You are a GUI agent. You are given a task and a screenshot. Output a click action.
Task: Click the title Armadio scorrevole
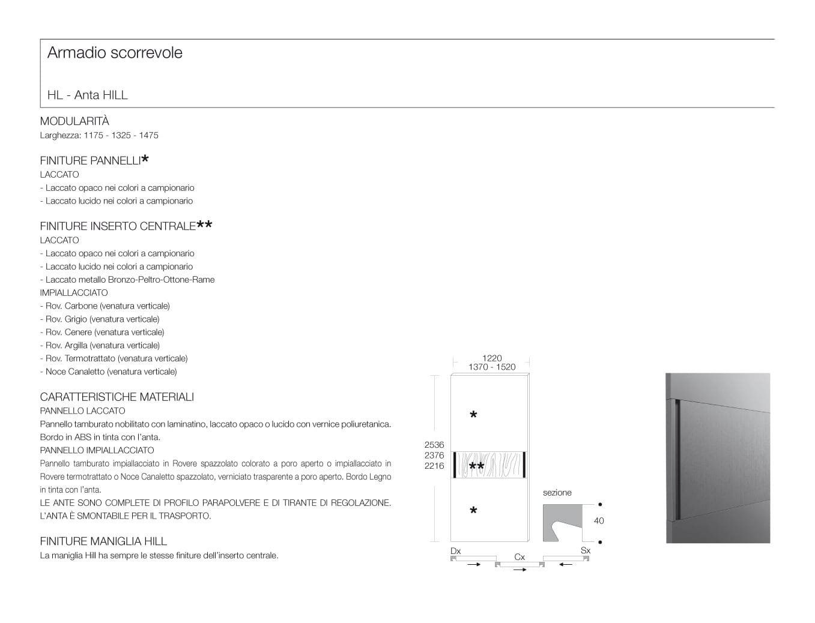pos(115,53)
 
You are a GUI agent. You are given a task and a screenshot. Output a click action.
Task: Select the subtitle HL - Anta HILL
pos(88,95)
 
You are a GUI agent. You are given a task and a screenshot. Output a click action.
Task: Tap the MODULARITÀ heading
pos(74,121)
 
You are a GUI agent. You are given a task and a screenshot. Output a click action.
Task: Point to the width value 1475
pos(148,136)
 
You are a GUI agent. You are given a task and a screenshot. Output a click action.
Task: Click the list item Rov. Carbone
pos(105,306)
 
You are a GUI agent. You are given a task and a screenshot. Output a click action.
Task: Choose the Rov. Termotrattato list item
pos(114,358)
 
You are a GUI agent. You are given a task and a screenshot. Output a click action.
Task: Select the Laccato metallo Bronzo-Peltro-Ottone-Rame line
pos(127,280)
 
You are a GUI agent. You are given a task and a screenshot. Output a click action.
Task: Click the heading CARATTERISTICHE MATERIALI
pos(117,397)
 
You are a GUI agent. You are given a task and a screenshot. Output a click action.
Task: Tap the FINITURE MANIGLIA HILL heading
pos(103,541)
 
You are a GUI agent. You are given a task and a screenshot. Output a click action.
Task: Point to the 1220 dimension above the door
pos(492,358)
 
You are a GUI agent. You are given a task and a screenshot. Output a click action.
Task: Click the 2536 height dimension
pos(434,445)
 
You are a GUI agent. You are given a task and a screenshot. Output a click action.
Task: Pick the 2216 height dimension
pos(434,466)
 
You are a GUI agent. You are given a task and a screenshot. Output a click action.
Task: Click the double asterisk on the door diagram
pos(476,467)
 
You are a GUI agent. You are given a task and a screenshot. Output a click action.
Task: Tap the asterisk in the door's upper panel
pos(473,415)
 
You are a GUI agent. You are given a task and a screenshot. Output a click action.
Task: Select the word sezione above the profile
pos(557,493)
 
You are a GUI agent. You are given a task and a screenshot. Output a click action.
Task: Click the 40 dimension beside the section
pos(598,521)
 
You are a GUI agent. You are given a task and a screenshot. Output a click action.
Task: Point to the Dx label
pos(456,551)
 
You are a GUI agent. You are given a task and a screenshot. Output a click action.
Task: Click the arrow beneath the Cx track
pos(520,569)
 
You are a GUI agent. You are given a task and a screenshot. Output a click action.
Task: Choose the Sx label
pos(586,551)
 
